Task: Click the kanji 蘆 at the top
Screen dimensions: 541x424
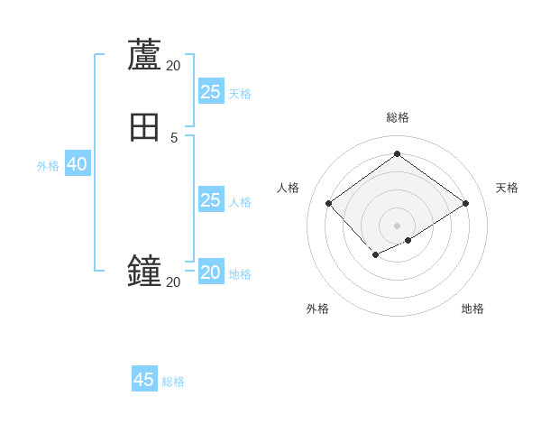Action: point(144,54)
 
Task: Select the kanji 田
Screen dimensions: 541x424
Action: point(144,128)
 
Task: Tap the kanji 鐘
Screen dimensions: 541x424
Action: point(144,272)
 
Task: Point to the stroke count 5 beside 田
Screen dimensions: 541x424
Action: point(174,138)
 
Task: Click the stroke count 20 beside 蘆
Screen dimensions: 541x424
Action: point(173,65)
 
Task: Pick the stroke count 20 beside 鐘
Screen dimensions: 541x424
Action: point(173,282)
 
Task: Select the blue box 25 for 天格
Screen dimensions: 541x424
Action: point(211,91)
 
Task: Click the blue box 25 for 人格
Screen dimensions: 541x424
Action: point(211,199)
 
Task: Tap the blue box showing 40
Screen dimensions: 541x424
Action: point(77,164)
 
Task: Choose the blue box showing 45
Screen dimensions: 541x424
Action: point(144,380)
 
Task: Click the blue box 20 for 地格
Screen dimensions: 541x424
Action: point(211,272)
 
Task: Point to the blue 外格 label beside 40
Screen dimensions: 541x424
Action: point(48,166)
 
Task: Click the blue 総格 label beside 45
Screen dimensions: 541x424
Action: point(173,382)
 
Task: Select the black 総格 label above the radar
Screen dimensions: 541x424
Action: point(398,117)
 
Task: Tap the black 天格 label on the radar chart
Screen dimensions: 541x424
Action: point(507,188)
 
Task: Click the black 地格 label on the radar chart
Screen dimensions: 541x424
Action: point(472,309)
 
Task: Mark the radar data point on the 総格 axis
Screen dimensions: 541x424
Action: point(397,153)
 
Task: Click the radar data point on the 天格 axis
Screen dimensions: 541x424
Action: point(465,203)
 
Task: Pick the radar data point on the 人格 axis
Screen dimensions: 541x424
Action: point(329,203)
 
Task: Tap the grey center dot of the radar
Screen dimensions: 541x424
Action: point(397,226)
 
